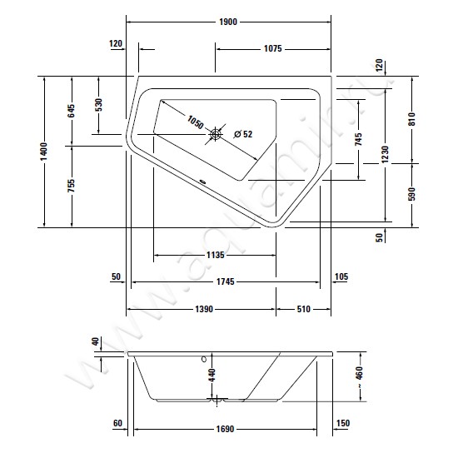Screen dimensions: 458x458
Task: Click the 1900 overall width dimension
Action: click(x=228, y=22)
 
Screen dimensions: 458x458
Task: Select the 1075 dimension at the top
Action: click(x=273, y=48)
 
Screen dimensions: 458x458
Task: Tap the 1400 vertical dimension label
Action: click(x=44, y=152)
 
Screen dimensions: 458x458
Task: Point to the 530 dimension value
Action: click(x=99, y=105)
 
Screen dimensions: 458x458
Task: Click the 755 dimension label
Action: click(x=72, y=186)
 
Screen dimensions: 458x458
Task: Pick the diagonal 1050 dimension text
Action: click(x=195, y=122)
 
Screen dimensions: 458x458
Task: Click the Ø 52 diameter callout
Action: click(x=243, y=134)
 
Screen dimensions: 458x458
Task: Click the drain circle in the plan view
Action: click(x=216, y=134)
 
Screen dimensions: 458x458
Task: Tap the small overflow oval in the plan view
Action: click(x=202, y=182)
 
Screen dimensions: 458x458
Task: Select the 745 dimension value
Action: click(x=359, y=139)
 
